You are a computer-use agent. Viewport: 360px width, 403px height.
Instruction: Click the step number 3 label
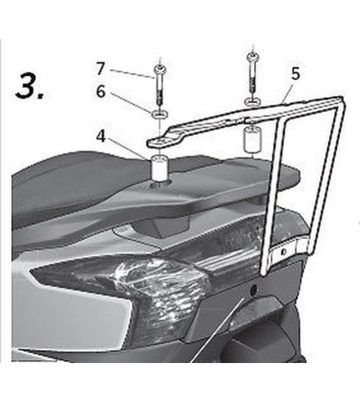point(30,86)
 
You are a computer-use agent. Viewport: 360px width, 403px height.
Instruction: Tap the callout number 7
point(100,69)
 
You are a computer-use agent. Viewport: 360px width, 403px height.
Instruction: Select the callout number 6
point(101,92)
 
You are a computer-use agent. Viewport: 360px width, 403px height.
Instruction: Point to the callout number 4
point(101,137)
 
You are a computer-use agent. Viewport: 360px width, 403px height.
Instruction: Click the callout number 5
point(295,74)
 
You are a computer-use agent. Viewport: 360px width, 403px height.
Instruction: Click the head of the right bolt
point(252,56)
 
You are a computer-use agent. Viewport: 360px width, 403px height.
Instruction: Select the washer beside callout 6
point(159,114)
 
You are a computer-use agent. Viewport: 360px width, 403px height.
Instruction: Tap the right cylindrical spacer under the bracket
point(252,140)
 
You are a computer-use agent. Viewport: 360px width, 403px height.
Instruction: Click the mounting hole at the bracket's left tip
point(160,140)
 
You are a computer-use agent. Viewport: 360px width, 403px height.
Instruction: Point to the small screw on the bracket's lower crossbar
point(284,251)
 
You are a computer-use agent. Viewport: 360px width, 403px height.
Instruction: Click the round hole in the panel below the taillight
point(254,289)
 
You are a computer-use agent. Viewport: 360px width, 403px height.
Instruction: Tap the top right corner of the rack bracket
point(342,97)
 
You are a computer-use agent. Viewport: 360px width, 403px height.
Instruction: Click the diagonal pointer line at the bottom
point(217,330)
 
